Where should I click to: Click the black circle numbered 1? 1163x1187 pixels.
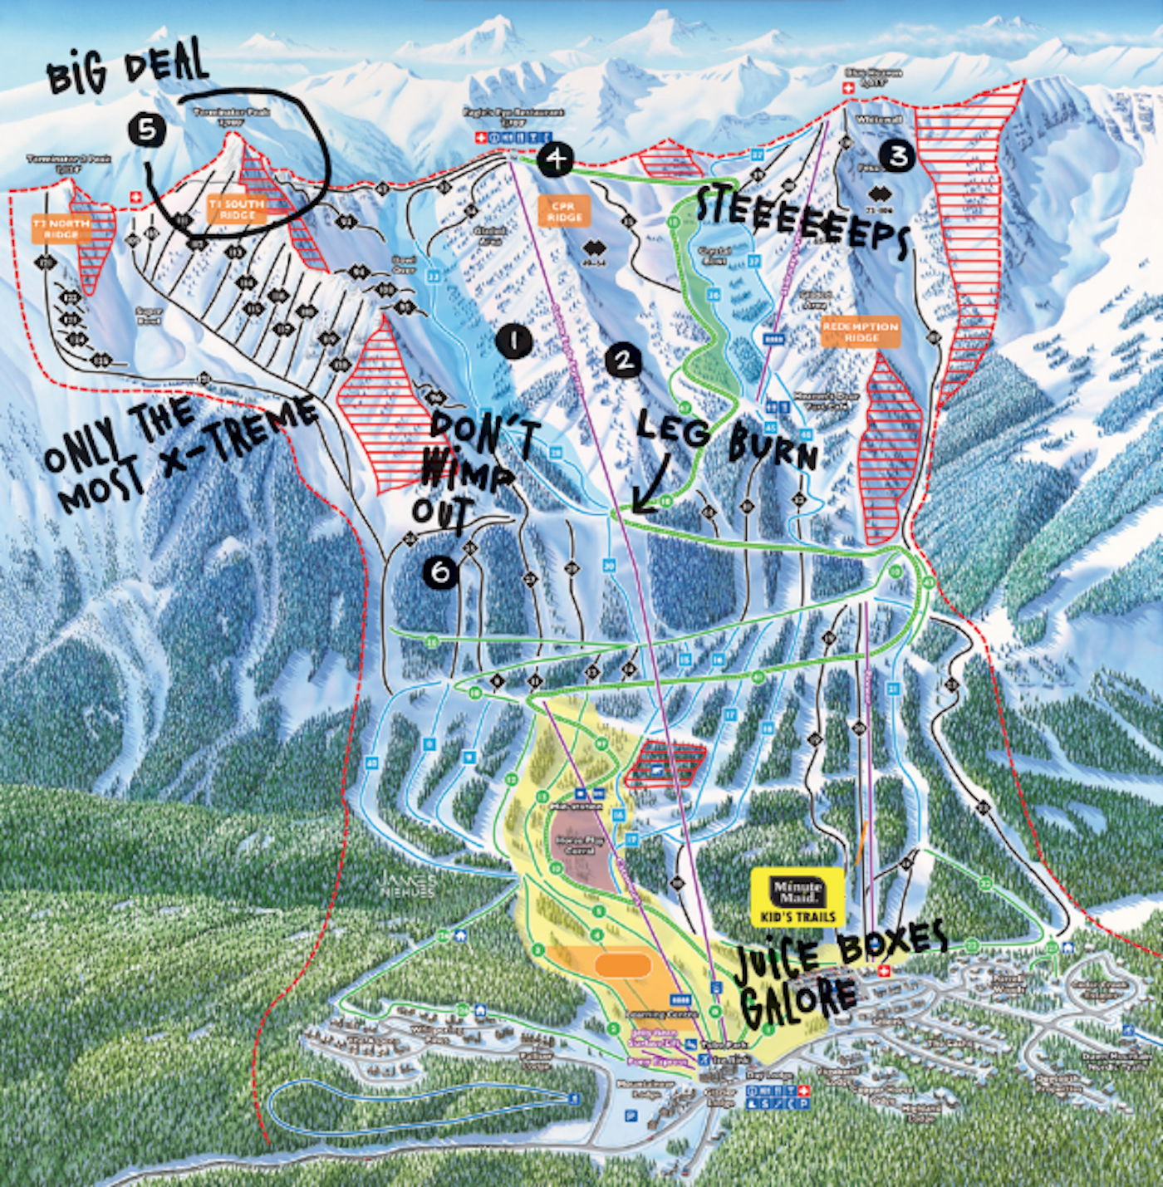pyautogui.click(x=513, y=341)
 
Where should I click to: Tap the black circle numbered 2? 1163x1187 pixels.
pyautogui.click(x=623, y=360)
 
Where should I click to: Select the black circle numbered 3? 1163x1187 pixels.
pyautogui.click(x=897, y=155)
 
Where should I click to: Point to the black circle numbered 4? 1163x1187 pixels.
pyautogui.click(x=555, y=158)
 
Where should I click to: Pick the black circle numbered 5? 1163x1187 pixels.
pyautogui.click(x=147, y=129)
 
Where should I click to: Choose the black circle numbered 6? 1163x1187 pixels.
pyautogui.click(x=440, y=571)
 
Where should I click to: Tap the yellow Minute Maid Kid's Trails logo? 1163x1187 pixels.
pyautogui.click(x=797, y=897)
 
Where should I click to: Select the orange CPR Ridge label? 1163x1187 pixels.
pyautogui.click(x=564, y=211)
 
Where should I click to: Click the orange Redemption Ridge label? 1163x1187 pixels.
pyautogui.click(x=861, y=331)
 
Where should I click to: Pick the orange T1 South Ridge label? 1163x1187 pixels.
pyautogui.click(x=237, y=208)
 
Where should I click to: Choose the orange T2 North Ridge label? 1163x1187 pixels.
pyautogui.click(x=61, y=228)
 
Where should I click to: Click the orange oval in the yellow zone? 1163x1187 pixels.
pyautogui.click(x=623, y=964)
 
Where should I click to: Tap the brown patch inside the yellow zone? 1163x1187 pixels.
pyautogui.click(x=581, y=847)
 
